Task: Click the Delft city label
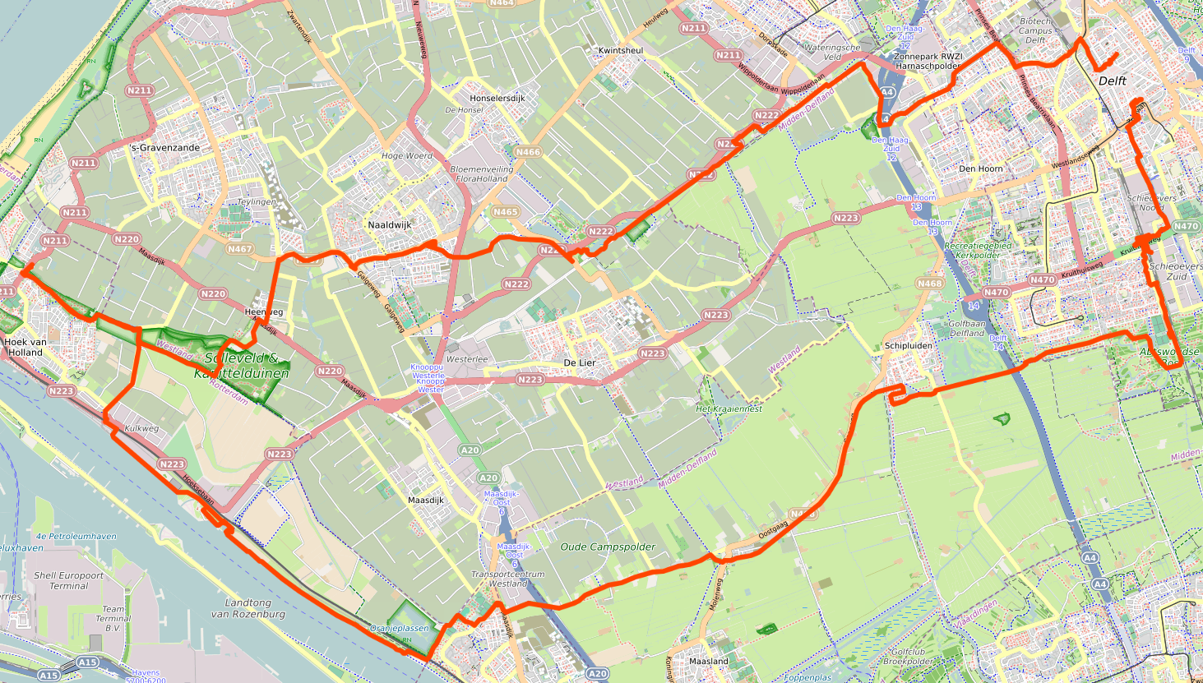tap(1113, 81)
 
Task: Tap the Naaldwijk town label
tap(390, 224)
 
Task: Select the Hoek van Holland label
tap(25, 347)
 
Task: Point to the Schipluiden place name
tap(909, 346)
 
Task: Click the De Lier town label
tap(579, 362)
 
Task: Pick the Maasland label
tap(708, 661)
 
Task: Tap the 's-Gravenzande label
tap(165, 148)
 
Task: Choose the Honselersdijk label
tap(497, 98)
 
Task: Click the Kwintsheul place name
tap(621, 50)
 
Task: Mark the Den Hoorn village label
tap(981, 168)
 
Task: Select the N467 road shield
tap(240, 249)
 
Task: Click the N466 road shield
tap(528, 152)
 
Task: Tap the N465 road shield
tap(506, 212)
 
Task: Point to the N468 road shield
tap(930, 284)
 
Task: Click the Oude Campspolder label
tap(608, 547)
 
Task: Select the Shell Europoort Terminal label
tap(68, 581)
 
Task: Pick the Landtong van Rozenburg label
tap(248, 608)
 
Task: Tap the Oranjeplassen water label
tap(400, 628)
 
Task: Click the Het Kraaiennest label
tap(729, 408)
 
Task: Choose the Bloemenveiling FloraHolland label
tap(482, 173)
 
